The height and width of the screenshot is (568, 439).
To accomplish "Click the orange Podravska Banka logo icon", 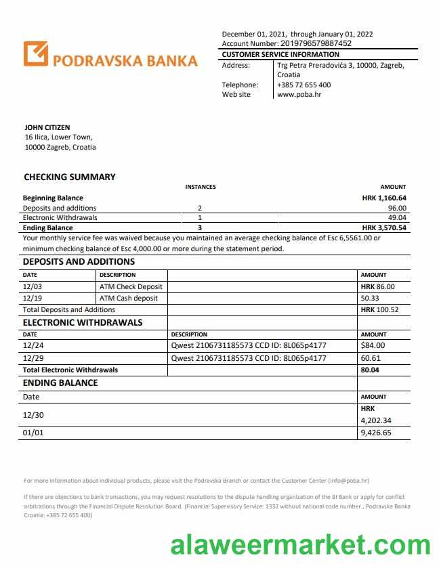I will point(36,54).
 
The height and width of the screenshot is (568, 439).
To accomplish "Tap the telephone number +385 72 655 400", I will point(304,85).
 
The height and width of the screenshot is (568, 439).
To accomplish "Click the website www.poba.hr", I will point(299,95).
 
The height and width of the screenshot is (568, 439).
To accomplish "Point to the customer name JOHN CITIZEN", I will point(47,127).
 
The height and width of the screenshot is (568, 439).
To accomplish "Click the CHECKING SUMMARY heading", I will point(70,177).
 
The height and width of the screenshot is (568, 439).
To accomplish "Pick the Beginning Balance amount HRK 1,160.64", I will point(384,198).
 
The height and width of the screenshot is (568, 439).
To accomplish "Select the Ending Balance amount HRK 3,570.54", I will point(384,228).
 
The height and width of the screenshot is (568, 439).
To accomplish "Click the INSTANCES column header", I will point(201,187).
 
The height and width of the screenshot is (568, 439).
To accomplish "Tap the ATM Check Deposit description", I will point(131,287).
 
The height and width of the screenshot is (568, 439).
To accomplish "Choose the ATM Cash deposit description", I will point(128,298).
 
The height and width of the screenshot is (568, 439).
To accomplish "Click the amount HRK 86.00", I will point(377,287).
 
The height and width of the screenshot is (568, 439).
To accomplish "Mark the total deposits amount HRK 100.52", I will point(379,309).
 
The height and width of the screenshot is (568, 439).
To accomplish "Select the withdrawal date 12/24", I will point(32,347).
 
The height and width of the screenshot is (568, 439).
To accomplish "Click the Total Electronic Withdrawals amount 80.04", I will point(371,370).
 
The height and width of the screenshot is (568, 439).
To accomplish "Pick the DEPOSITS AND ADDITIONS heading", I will point(79,262).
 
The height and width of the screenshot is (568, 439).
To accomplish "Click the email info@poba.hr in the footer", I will point(348,481).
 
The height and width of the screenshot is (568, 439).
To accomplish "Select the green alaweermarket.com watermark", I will point(300,544).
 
